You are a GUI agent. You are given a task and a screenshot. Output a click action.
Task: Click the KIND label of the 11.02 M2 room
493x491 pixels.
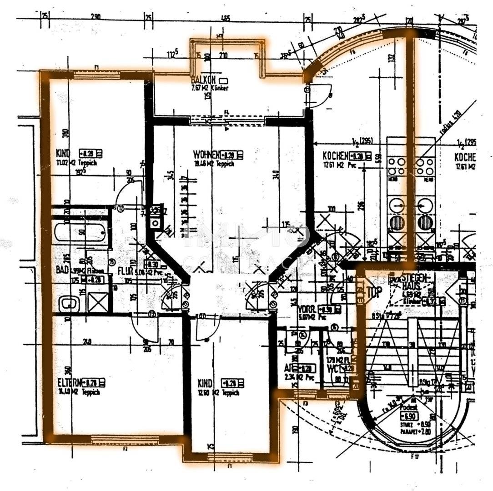coord(63,153)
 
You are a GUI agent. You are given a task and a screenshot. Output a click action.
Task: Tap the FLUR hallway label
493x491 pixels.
coord(125,271)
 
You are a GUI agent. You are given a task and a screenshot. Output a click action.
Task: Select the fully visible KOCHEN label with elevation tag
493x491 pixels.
coord(336,155)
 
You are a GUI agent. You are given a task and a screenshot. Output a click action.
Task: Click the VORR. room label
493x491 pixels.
coord(306,309)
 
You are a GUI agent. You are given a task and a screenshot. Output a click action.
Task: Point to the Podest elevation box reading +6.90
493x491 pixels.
coord(410,416)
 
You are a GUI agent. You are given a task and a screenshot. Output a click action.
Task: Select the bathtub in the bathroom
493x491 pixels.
coord(80,232)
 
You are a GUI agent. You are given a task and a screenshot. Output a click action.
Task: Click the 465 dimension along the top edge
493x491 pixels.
coord(225,19)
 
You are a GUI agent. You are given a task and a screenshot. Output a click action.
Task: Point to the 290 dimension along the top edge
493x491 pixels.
coord(96,17)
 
